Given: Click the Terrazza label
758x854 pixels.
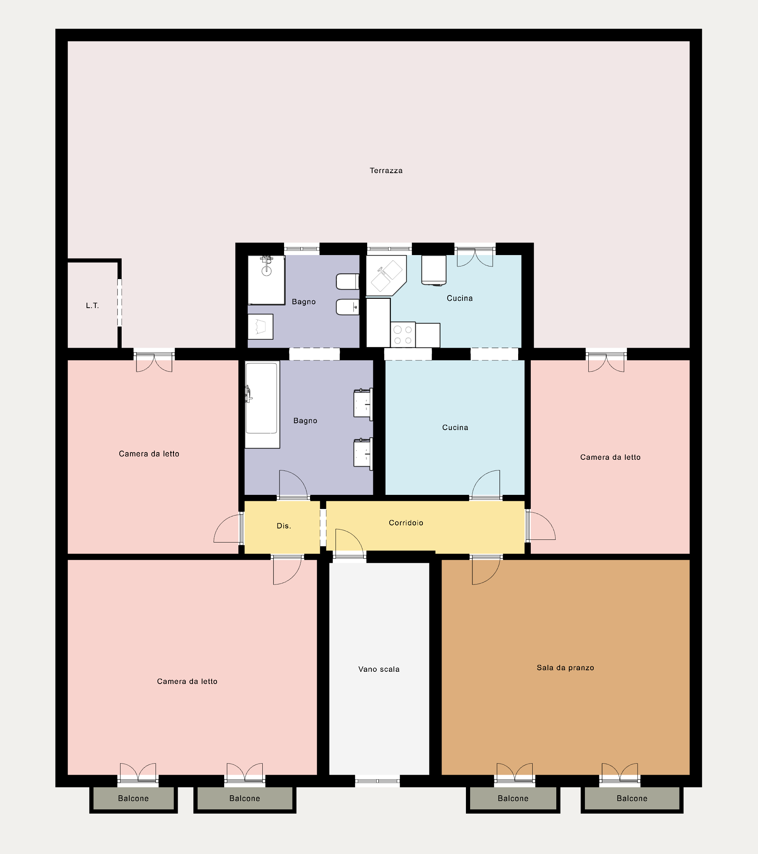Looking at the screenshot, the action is (x=386, y=170).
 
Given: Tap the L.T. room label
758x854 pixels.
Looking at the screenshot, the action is (x=92, y=305).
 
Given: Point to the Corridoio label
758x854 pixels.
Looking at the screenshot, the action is (x=406, y=523).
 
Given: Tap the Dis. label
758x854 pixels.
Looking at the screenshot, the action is (x=284, y=526).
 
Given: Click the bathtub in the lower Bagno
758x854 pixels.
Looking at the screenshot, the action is (x=262, y=405).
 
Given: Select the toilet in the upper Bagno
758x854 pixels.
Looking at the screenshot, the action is (x=348, y=282).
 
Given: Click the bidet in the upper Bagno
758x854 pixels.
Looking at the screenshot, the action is (x=348, y=307).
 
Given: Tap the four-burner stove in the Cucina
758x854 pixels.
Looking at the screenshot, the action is (x=403, y=335).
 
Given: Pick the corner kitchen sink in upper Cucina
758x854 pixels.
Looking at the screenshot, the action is (x=386, y=275).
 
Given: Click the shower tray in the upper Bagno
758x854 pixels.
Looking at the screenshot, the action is (x=266, y=280).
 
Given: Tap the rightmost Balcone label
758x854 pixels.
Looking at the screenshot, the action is (x=632, y=798).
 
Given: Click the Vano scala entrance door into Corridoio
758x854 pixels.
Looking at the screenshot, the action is (x=349, y=544).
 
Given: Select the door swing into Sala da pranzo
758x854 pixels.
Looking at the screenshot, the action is (x=486, y=570).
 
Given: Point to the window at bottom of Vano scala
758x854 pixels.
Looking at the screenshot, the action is (x=377, y=780).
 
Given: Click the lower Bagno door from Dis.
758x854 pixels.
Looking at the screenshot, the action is (x=293, y=485).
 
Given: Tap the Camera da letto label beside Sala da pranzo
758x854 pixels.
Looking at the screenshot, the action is (x=610, y=457).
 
